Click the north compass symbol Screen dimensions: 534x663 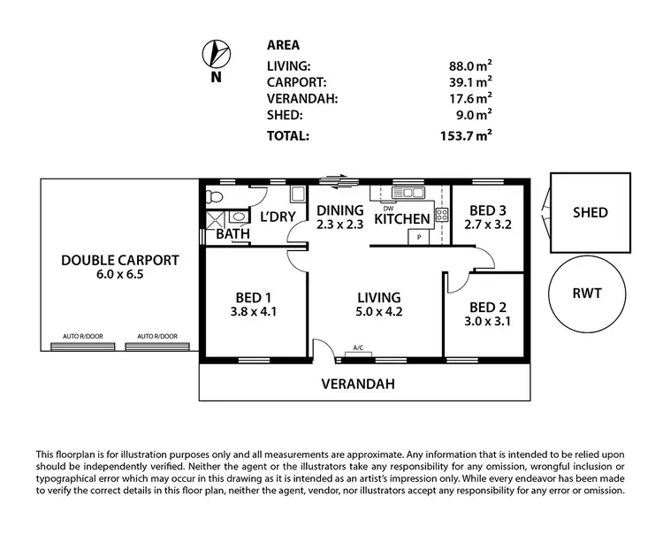[215, 55]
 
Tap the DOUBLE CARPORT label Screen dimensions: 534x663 [120, 261]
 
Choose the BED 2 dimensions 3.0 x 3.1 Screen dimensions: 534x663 [488, 323]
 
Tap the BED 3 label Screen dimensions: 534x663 [489, 210]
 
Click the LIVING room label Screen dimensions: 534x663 [378, 297]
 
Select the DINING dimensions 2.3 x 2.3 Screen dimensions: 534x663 [340, 225]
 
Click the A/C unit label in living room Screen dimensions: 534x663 [359, 348]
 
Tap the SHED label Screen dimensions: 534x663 [590, 212]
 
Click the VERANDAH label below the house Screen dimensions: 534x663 [357, 385]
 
